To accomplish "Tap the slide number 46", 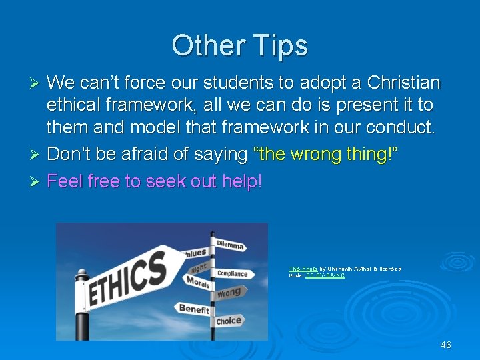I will click(446, 345).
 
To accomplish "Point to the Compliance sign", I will click(231, 273).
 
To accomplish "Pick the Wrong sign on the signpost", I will click(228, 293).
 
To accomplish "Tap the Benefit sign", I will click(193, 309).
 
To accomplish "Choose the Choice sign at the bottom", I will click(228, 321).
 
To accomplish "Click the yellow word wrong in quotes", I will click(322, 154).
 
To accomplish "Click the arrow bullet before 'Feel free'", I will click(37, 181).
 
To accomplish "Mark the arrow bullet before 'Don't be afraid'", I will click(37, 155).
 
